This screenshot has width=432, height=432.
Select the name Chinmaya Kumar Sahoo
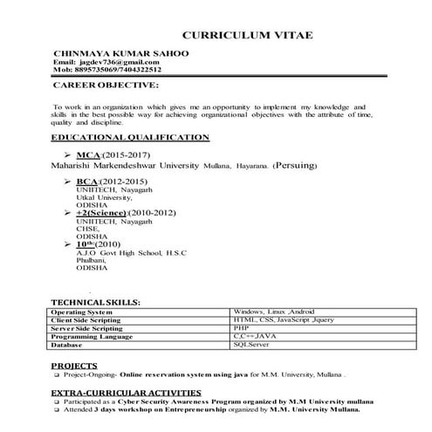pyautogui.click(x=121, y=54)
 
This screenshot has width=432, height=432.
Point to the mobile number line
pyautogui.click(x=107, y=71)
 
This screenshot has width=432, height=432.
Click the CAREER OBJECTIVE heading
pyautogui.click(x=106, y=86)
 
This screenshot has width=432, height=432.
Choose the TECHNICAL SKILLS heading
pyautogui.click(x=95, y=300)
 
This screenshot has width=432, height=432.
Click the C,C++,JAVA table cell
pyautogui.click(x=253, y=335)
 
